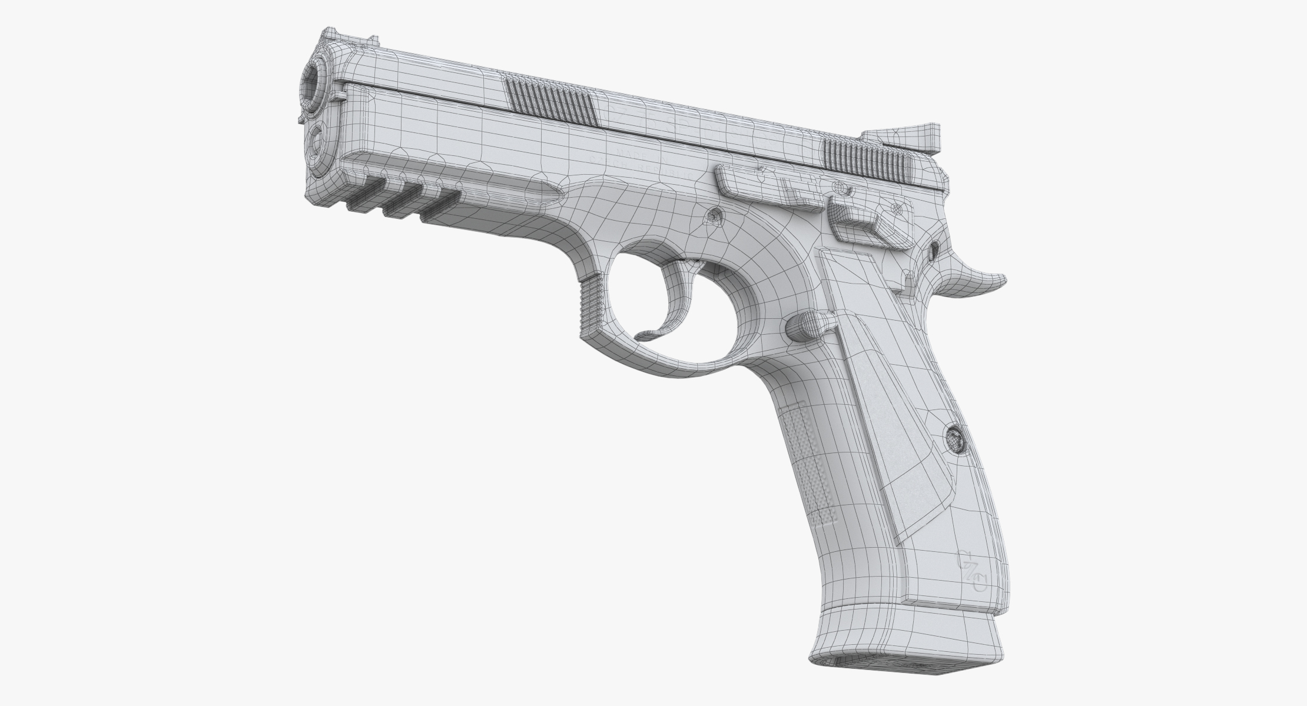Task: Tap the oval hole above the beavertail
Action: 934,252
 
